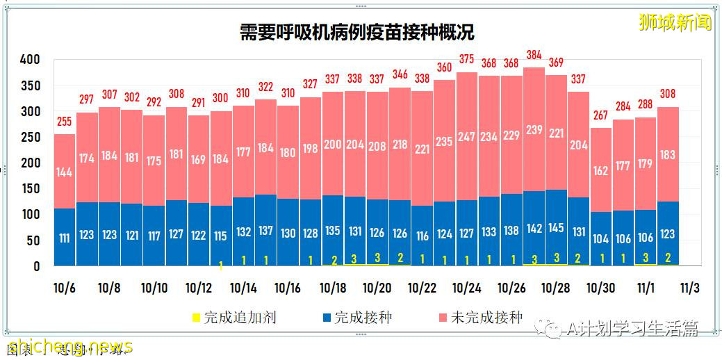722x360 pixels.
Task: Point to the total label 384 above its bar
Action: pyautogui.click(x=534, y=55)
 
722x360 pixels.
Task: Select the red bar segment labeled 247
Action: pyautogui.click(x=467, y=137)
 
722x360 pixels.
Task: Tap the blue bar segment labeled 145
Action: pyautogui.click(x=556, y=227)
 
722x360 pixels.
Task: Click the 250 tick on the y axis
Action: pyautogui.click(x=30, y=138)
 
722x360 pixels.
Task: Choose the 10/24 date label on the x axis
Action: pyautogui.click(x=467, y=287)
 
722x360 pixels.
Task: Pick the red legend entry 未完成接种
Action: pyautogui.click(x=478, y=318)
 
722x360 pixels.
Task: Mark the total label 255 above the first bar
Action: pyautogui.click(x=64, y=121)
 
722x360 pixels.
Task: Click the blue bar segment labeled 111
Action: pyautogui.click(x=65, y=238)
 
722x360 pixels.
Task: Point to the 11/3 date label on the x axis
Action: pyautogui.click(x=689, y=287)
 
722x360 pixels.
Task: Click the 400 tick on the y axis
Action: pyautogui.click(x=30, y=60)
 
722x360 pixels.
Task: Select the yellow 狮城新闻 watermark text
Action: pyautogui.click(x=675, y=22)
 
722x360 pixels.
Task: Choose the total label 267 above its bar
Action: pyautogui.click(x=600, y=115)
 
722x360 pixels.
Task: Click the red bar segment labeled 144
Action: pyautogui.click(x=65, y=172)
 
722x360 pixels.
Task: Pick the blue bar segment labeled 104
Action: pyautogui.click(x=600, y=238)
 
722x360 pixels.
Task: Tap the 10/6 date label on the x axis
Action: pyautogui.click(x=65, y=287)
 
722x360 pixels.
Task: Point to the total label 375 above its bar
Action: pyautogui.click(x=467, y=59)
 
